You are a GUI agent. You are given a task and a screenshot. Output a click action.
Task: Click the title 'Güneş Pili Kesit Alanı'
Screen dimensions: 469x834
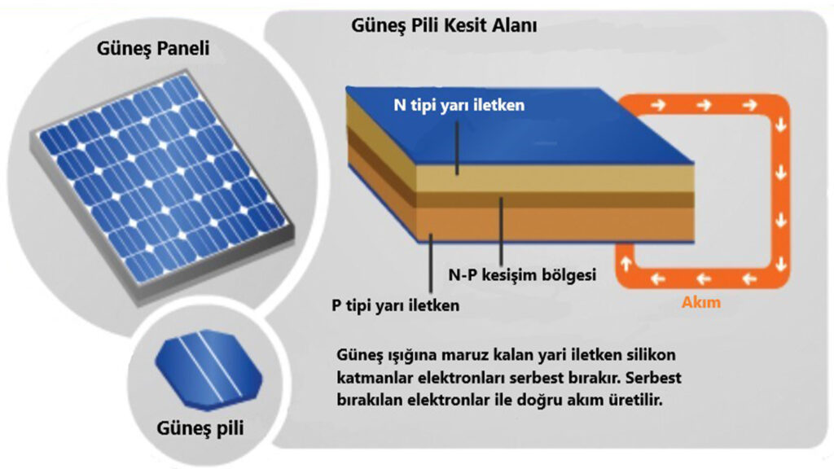[444, 25]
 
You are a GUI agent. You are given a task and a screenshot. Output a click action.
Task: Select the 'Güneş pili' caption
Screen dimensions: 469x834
[201, 427]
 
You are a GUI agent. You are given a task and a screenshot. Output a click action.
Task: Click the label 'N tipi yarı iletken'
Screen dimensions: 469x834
[454, 106]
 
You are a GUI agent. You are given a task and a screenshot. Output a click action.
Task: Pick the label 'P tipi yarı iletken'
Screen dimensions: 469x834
[395, 306]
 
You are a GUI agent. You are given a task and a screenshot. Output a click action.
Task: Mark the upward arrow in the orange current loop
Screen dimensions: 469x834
[626, 262]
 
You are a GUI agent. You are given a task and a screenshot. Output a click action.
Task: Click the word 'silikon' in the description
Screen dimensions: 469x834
[655, 356]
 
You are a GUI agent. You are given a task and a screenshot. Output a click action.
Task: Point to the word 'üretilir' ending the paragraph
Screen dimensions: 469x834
[640, 401]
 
